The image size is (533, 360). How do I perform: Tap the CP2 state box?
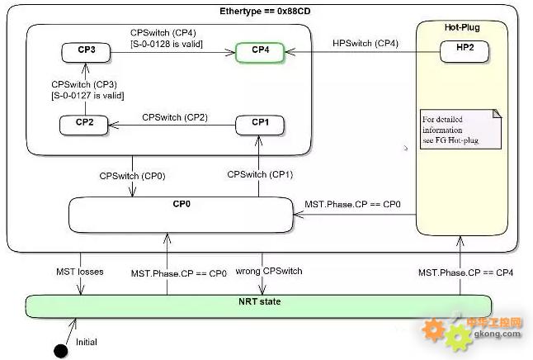[84, 124]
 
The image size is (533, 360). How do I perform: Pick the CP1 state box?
[260, 124]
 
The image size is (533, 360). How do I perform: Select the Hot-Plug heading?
[460, 27]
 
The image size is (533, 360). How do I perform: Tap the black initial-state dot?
[60, 351]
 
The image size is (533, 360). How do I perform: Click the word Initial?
[87, 342]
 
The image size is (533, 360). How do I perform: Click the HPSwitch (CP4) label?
[365, 42]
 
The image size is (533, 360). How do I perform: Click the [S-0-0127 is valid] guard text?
[87, 96]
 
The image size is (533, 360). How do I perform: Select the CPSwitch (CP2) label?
[174, 116]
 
